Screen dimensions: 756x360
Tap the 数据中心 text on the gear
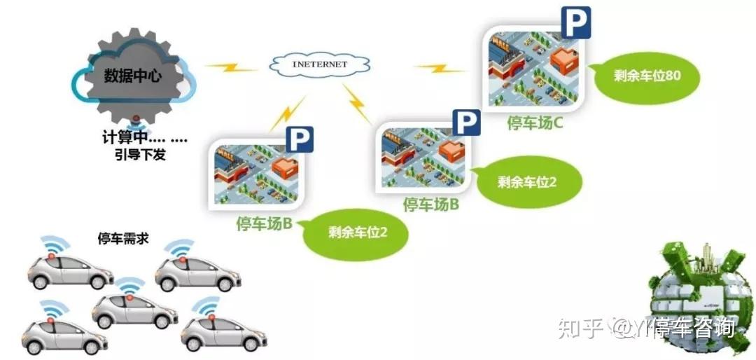pos(132,76)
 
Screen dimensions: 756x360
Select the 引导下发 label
pos(140,155)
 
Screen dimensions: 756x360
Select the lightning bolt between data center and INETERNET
pos(231,67)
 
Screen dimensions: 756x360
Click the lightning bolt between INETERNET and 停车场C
pos(439,68)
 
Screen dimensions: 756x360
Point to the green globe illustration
pos(700,294)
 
